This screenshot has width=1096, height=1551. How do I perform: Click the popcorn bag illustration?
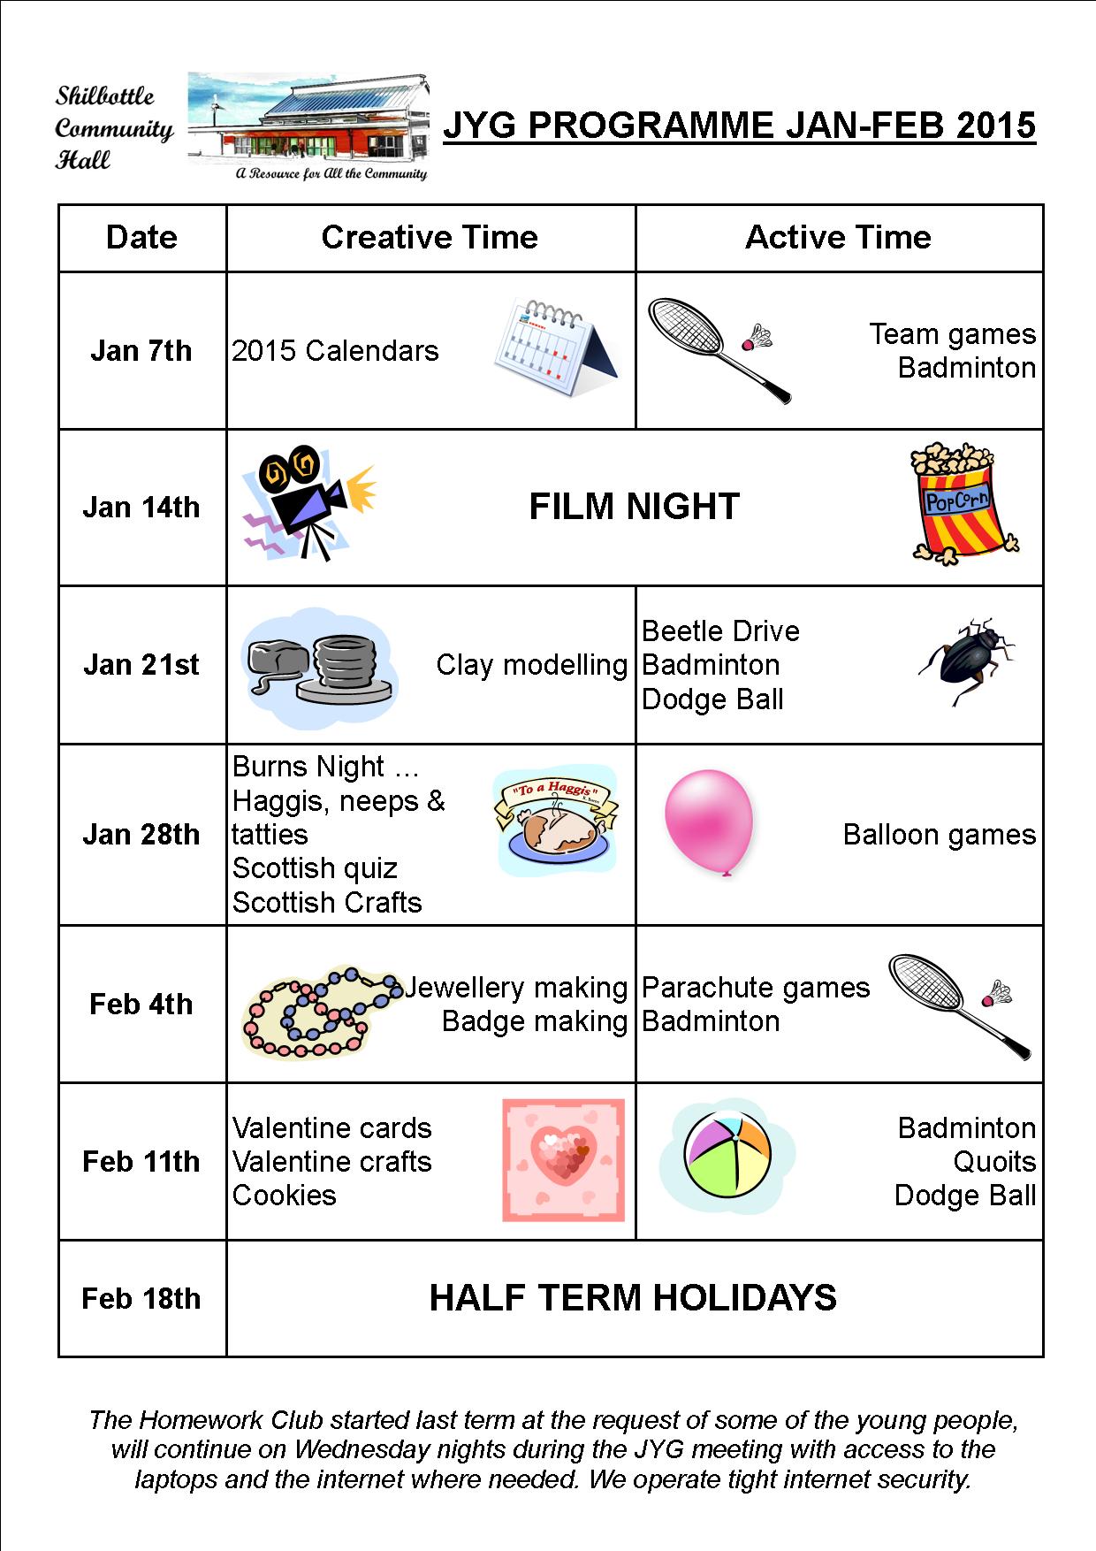pyautogui.click(x=962, y=504)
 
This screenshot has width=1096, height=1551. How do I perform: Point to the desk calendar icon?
pyautogui.click(x=555, y=347)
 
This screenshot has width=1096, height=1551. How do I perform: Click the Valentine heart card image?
pyautogui.click(x=563, y=1159)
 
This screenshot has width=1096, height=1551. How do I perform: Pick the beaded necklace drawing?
pyautogui.click(x=318, y=1011)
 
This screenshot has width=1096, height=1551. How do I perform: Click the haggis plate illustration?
pyautogui.click(x=555, y=821)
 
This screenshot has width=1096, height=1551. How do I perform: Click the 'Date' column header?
pyautogui.click(x=141, y=237)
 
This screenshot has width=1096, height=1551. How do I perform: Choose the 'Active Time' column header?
pyautogui.click(x=838, y=237)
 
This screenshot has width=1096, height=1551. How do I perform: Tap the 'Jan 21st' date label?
pyautogui.click(x=141, y=664)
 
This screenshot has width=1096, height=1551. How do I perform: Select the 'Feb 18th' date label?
pyautogui.click(x=141, y=1298)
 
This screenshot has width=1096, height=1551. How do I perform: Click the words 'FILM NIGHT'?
pyautogui.click(x=634, y=507)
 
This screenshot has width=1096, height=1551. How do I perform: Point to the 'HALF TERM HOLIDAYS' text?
pyautogui.click(x=633, y=1297)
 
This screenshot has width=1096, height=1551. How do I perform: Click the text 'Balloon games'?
pyautogui.click(x=939, y=834)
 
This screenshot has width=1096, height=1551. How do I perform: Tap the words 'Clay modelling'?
pyautogui.click(x=531, y=664)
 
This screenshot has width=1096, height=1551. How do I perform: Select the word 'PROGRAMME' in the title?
pyautogui.click(x=650, y=125)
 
